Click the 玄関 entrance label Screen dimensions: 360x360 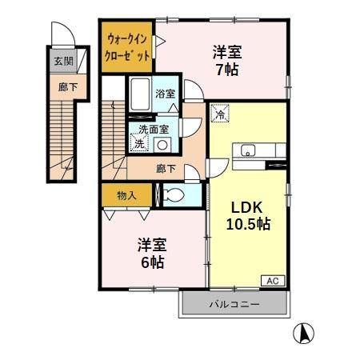[62, 61]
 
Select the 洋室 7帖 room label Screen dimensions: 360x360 [226, 61]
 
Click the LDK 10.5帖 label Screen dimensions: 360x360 [249, 214]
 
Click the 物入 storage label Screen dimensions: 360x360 [126, 194]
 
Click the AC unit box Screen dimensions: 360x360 [272, 281]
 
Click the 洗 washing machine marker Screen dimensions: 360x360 [139, 144]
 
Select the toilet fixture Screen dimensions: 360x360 [174, 195]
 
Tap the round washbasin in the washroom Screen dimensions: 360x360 [163, 145]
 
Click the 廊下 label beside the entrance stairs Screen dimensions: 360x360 [62, 88]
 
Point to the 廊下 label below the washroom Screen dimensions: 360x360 [166, 169]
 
